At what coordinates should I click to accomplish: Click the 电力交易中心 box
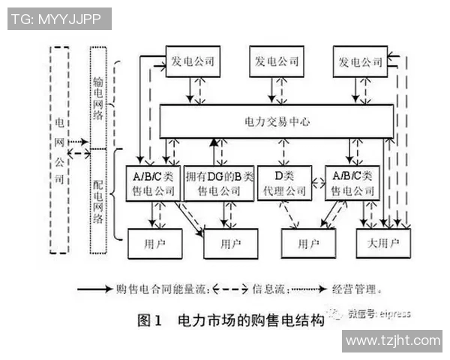277,121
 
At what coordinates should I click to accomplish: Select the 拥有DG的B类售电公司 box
218,183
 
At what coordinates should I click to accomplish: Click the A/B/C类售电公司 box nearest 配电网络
153,183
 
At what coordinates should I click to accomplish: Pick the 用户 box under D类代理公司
308,243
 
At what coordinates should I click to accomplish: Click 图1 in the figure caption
150,320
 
